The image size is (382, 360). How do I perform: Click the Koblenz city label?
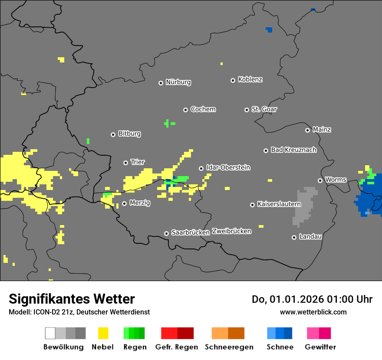pos(250,80)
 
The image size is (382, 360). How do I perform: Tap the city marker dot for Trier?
pos(126,163)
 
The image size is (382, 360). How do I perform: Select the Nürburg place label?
pos(178,82)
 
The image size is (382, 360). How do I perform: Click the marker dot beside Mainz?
pos(308,130)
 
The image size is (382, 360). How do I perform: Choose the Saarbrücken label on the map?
pos(191,232)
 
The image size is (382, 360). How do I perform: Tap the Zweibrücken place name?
pos(231,231)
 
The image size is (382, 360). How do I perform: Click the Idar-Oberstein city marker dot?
pos(201,168)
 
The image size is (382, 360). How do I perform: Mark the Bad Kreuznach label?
pos(293,150)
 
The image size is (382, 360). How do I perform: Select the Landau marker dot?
pos(294,237)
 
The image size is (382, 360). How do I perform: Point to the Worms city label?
pos(336,180)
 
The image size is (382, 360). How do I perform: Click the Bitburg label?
pos(129,134)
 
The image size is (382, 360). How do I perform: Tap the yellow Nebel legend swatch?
pos(103,333)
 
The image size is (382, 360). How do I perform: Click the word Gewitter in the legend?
pos(320,347)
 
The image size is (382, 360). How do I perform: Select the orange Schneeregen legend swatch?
pos(228,333)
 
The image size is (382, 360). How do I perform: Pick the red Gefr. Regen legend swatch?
pos(177,333)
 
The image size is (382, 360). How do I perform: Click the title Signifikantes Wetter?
pos(72,299)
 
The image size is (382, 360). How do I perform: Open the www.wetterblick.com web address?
pos(313,312)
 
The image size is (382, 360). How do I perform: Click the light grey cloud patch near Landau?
pos(305,206)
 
